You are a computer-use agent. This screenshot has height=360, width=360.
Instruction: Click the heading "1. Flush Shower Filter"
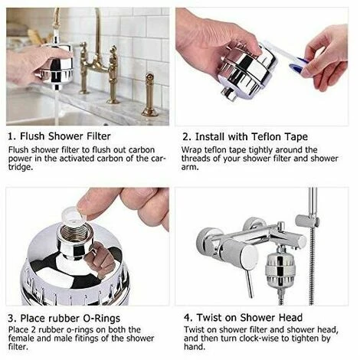pyautogui.click(x=59, y=136)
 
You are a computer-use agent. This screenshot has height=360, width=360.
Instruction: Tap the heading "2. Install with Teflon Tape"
pyautogui.click(x=245, y=137)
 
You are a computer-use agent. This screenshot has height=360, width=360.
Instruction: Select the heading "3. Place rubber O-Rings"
pyautogui.click(x=64, y=319)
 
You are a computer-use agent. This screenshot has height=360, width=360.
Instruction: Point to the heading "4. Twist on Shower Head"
pyautogui.click(x=243, y=318)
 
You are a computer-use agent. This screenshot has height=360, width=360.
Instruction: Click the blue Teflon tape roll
pyautogui.click(x=298, y=66)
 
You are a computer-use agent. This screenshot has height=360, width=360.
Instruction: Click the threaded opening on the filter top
pyautogui.click(x=74, y=233)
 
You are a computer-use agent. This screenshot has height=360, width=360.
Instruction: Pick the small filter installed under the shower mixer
pyautogui.click(x=278, y=270)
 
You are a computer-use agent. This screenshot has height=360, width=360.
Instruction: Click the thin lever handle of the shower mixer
pyautogui.click(x=249, y=283)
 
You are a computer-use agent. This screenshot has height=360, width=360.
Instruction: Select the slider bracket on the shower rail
pyautogui.click(x=307, y=221)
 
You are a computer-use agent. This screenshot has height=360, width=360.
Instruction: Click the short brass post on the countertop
pyautogui.click(x=149, y=95)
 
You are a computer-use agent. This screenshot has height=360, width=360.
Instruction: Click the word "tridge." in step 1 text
pyautogui.click(x=21, y=167)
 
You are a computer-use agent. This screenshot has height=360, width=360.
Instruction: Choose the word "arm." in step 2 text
pyautogui.click(x=190, y=168)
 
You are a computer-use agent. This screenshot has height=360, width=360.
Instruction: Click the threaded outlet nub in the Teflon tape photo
pyautogui.click(x=229, y=93)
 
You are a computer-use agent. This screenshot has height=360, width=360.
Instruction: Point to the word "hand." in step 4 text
pyautogui.click(x=195, y=347)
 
